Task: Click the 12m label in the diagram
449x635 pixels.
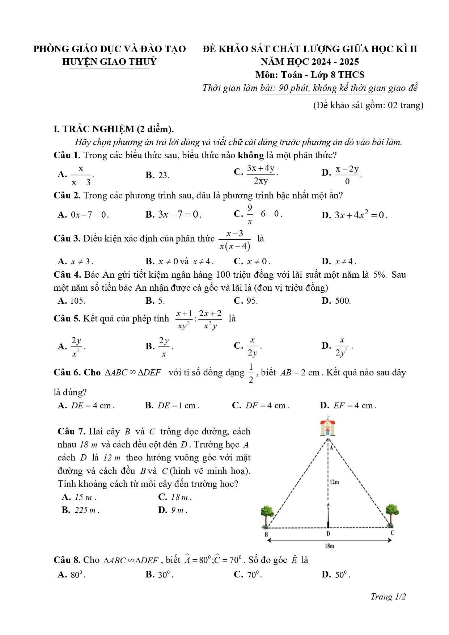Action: pos(334,482)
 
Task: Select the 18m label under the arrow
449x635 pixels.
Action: pos(329,546)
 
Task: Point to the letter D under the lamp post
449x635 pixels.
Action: pos(328,534)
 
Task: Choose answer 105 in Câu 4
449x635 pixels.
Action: pos(77,301)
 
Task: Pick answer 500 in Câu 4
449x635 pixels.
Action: pos(342,301)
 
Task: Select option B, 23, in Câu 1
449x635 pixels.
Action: pos(163,175)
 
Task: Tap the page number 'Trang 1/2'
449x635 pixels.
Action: pos(388,597)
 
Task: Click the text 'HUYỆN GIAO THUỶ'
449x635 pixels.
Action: pos(109,62)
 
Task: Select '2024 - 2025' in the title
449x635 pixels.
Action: pos(336,62)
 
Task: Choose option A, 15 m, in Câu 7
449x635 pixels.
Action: pos(85,497)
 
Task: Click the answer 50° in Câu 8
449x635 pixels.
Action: pos(342,575)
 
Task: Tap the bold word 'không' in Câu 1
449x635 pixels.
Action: pos(250,155)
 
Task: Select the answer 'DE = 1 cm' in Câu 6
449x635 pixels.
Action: pos(178,405)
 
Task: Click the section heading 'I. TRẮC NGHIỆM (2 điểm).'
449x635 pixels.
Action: pos(114,129)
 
